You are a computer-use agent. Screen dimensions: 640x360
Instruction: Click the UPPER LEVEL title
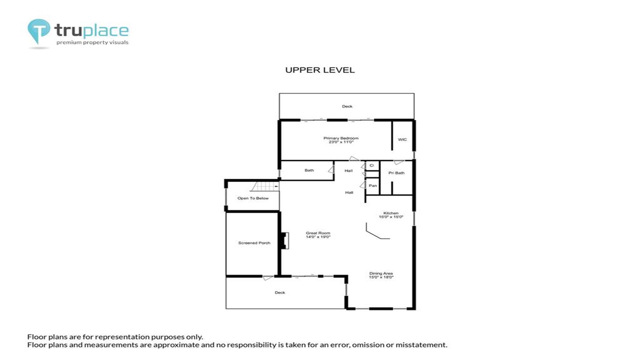pyautogui.click(x=320, y=70)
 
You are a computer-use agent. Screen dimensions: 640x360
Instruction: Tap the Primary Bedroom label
pyautogui.click(x=341, y=138)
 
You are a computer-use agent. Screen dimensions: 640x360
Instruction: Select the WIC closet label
pyautogui.click(x=402, y=140)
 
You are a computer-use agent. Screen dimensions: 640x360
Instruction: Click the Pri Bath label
pyautogui.click(x=396, y=173)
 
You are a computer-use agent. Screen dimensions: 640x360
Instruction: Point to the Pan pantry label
pyautogui.click(x=373, y=186)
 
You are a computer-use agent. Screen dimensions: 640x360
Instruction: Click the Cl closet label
pyautogui.click(x=372, y=165)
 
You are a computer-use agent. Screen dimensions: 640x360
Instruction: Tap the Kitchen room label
pyautogui.click(x=391, y=213)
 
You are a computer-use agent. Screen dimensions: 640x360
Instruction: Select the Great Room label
pyautogui.click(x=318, y=233)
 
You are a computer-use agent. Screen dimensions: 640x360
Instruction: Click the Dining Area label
pyautogui.click(x=381, y=273)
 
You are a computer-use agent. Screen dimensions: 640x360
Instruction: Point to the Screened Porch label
pyautogui.click(x=254, y=243)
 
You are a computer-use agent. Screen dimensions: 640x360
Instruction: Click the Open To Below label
pyautogui.click(x=253, y=198)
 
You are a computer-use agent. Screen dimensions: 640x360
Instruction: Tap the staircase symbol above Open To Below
pyautogui.click(x=265, y=186)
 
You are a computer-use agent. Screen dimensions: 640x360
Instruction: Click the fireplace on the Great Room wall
pyautogui.click(x=284, y=240)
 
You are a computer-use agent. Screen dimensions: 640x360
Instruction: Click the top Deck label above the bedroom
pyautogui.click(x=347, y=106)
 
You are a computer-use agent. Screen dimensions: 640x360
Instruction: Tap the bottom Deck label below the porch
pyautogui.click(x=280, y=293)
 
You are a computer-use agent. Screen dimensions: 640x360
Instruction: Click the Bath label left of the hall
pyautogui.click(x=309, y=170)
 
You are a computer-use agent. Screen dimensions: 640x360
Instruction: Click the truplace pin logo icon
pyautogui.click(x=39, y=31)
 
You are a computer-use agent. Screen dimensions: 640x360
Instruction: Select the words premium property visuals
pyautogui.click(x=92, y=42)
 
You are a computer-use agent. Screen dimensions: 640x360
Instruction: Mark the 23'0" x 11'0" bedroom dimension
pyautogui.click(x=341, y=142)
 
